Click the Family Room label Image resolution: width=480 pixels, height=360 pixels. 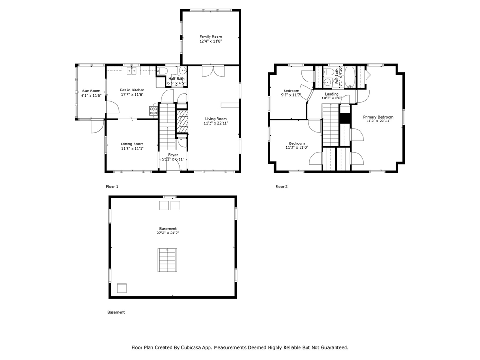point(210,37)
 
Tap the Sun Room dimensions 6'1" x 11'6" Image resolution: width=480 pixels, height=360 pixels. point(91,96)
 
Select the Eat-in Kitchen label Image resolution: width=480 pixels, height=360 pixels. point(132,90)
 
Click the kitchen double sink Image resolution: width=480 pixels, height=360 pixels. point(132,71)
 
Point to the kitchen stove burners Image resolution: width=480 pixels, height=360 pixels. point(153,111)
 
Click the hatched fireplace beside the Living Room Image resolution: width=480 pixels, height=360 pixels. point(183,122)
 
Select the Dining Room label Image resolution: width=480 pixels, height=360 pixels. point(132,144)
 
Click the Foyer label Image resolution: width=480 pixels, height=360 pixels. point(173,155)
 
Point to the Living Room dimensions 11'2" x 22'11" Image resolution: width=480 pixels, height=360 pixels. point(216,123)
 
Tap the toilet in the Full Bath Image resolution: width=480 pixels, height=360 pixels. point(329,72)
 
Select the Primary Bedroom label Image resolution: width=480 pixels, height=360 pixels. point(378,117)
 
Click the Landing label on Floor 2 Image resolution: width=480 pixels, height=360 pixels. point(332,94)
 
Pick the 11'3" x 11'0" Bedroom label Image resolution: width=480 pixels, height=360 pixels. point(297,145)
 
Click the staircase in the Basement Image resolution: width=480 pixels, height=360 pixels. point(168,260)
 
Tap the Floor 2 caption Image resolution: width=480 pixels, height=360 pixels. point(282,187)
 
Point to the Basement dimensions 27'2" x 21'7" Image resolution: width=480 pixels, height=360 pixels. point(168,233)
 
